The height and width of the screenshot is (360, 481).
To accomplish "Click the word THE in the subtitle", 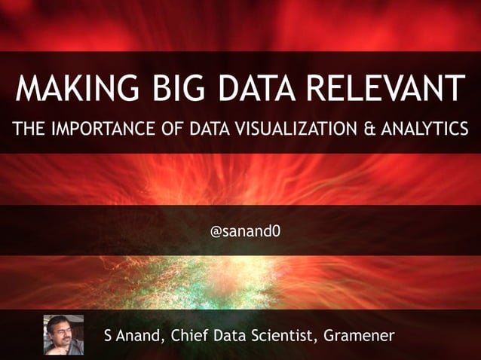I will [27, 129].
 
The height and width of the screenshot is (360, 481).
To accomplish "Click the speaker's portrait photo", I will [63, 334].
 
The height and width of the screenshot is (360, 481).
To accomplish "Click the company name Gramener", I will [358, 334].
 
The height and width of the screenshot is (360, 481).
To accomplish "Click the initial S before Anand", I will [109, 334].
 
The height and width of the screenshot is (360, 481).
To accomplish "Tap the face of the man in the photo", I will [61, 331].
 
